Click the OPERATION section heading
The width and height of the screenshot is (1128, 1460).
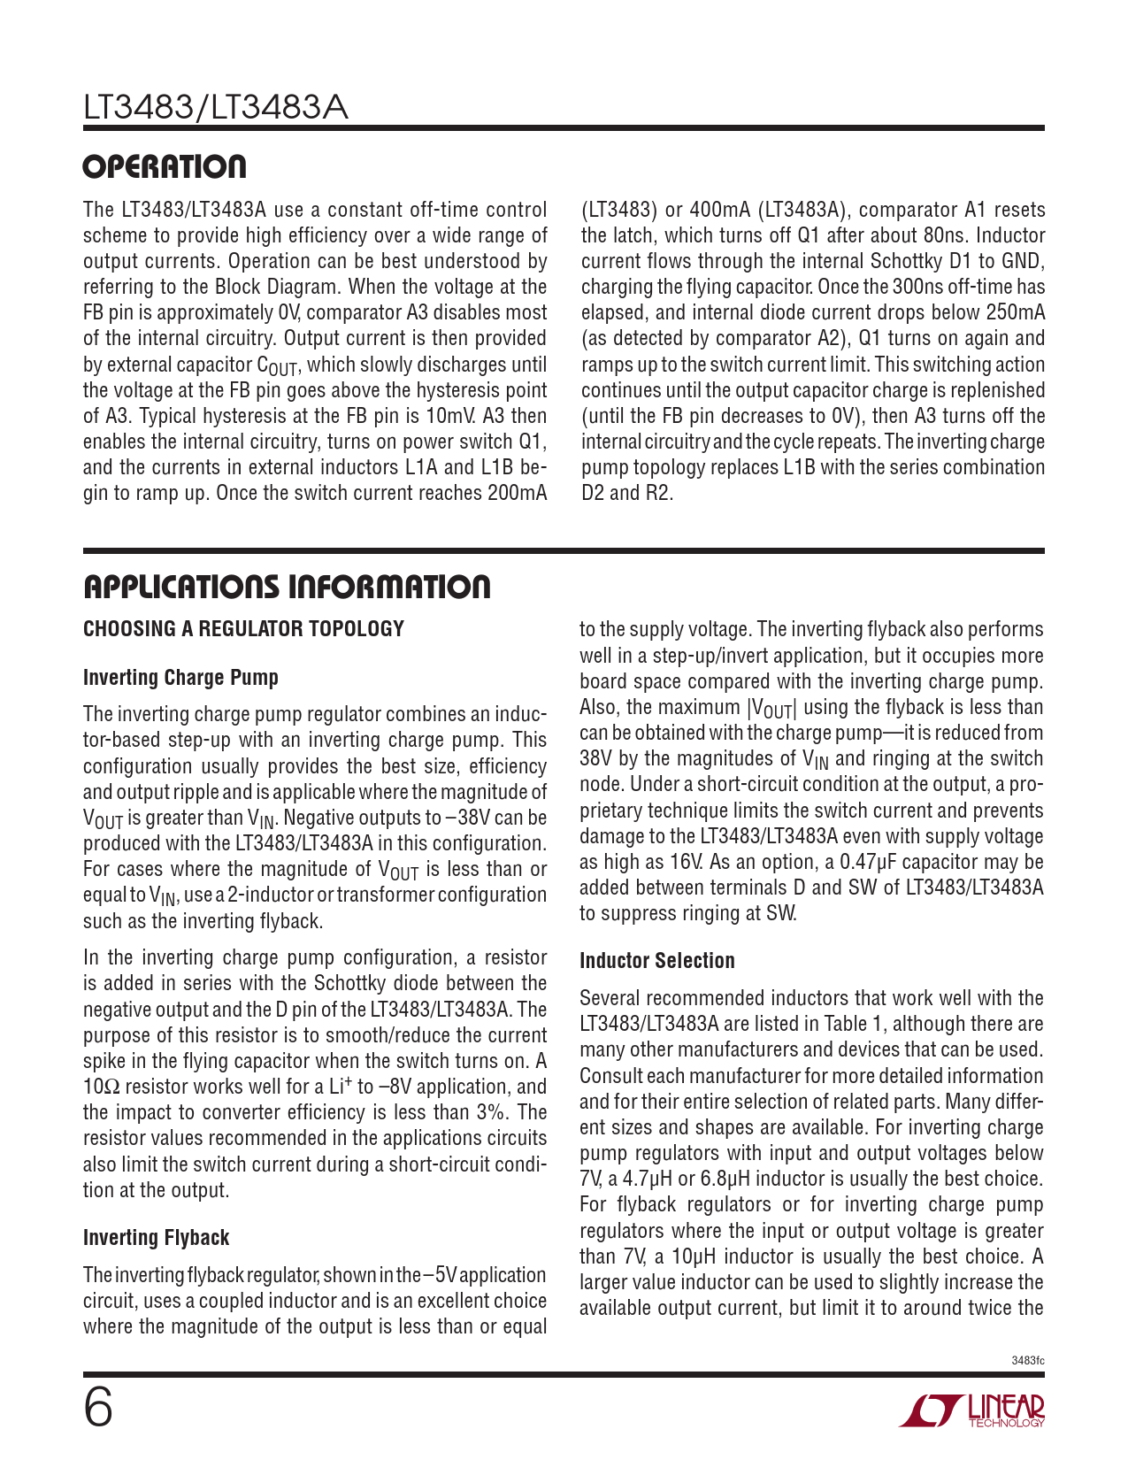(165, 167)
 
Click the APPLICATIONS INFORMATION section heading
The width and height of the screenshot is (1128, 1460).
(287, 587)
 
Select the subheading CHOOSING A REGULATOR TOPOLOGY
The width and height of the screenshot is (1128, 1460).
(243, 629)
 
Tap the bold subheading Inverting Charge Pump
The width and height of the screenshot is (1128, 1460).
(180, 678)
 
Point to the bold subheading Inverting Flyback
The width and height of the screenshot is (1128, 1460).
(156, 1238)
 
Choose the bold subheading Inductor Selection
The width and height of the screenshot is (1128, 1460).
(656, 961)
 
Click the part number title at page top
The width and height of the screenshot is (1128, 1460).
(215, 108)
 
